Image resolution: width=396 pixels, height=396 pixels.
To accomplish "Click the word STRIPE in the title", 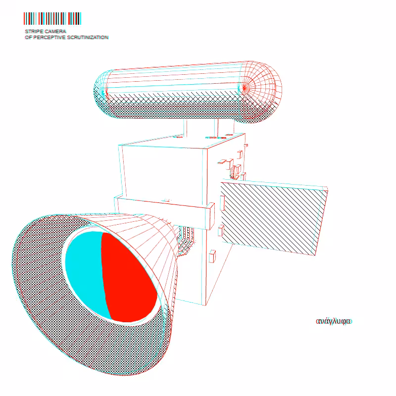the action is coord(34,31).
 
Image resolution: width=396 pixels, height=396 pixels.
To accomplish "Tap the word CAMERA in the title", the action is coord(55,31).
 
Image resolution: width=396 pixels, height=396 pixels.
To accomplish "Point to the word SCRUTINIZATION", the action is coord(88,38).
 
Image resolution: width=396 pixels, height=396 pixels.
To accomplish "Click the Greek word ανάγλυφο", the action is coord(334,321).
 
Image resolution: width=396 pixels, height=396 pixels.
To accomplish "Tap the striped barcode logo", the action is coord(52,18).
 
